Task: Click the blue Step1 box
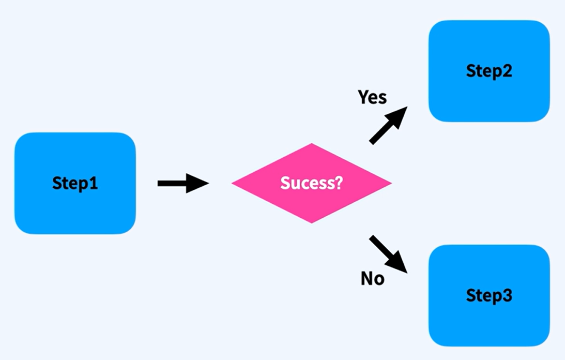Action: (x=75, y=183)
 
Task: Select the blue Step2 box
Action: (x=489, y=71)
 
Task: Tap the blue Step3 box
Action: (x=489, y=295)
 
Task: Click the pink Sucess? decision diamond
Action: (x=311, y=183)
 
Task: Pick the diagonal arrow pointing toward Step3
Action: (x=388, y=253)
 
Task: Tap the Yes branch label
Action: (x=372, y=97)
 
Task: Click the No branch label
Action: (x=372, y=279)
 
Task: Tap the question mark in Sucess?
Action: (x=339, y=183)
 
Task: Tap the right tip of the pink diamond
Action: (x=390, y=183)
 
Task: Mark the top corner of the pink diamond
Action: (x=312, y=144)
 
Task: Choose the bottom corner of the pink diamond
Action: (x=312, y=222)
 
